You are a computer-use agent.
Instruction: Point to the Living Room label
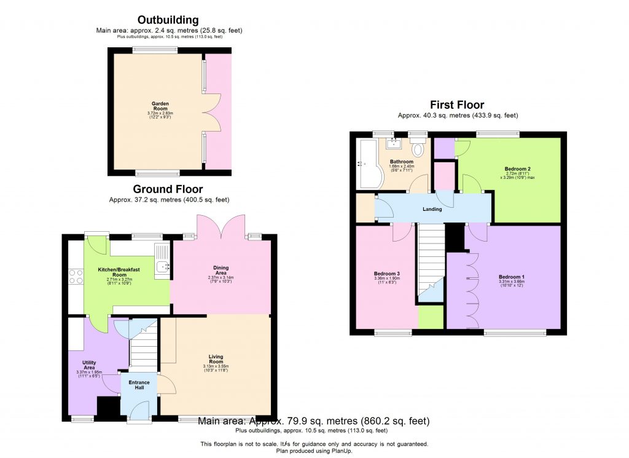point(216,359)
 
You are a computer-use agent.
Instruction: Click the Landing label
point(432,209)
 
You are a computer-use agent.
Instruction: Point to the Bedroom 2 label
point(517,168)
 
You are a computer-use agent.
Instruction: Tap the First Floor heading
point(456,105)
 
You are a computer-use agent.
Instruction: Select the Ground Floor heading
point(168,189)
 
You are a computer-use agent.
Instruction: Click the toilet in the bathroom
point(419,149)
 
